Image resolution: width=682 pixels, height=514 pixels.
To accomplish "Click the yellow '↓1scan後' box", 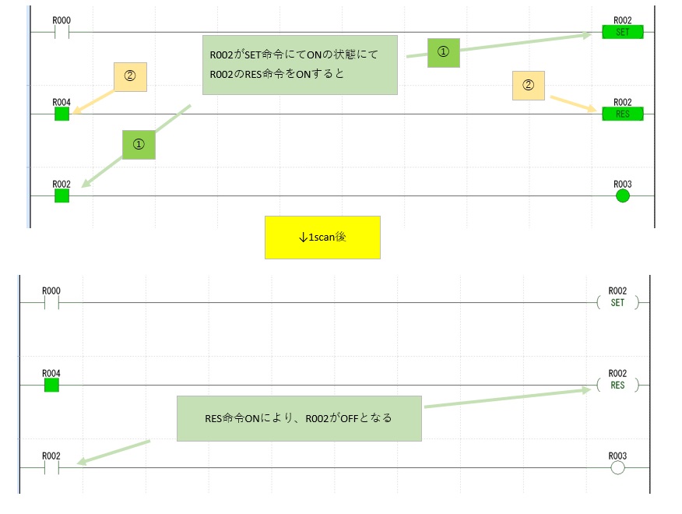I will click(322, 237).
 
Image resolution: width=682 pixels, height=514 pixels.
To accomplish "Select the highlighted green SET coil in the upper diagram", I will click(622, 32).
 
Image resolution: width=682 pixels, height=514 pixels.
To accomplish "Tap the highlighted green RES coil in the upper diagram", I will click(622, 114).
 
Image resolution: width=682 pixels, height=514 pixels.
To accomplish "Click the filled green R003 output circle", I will click(622, 195).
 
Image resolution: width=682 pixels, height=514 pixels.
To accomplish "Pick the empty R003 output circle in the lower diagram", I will click(618, 467).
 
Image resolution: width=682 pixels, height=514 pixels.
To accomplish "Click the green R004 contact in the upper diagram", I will click(62, 114).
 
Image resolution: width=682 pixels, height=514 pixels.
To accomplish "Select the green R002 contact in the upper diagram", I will click(62, 195).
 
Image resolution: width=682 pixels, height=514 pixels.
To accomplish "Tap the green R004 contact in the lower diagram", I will click(51, 385).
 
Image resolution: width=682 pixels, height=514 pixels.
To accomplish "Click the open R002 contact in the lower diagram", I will click(51, 467).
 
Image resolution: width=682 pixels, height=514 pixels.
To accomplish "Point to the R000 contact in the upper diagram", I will click(62, 32).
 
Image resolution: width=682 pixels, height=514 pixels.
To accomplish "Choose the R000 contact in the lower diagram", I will click(51, 302).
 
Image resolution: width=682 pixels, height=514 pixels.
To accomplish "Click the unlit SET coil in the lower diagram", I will click(617, 302).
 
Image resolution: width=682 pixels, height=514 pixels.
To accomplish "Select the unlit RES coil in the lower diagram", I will click(617, 385).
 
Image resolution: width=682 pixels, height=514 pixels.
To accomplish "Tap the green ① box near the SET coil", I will click(443, 51).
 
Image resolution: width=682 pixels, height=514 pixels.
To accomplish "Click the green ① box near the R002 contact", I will click(139, 144).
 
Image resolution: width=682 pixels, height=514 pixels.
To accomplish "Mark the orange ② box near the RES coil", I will click(528, 85).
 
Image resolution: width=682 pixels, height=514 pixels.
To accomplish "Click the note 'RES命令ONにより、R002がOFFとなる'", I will click(299, 418).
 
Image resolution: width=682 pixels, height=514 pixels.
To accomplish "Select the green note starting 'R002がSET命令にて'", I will click(300, 65).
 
